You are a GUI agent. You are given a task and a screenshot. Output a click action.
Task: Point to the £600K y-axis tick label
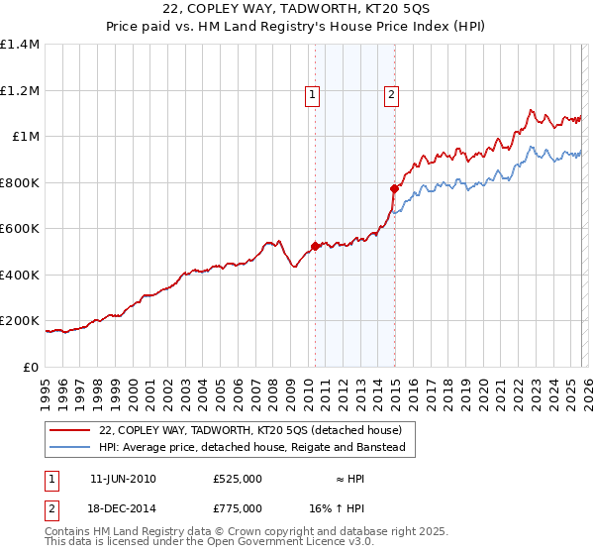pyautogui.click(x=20, y=229)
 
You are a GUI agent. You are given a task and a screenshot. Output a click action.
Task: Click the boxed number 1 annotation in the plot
pyautogui.click(x=312, y=95)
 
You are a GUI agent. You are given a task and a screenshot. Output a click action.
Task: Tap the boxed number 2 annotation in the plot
pyautogui.click(x=391, y=95)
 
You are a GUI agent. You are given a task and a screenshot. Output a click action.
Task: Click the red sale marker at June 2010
pyautogui.click(x=315, y=247)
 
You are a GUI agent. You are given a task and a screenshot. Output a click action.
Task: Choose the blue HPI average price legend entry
pyautogui.click(x=252, y=448)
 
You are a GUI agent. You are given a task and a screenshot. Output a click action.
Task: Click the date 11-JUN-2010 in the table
pyautogui.click(x=123, y=479)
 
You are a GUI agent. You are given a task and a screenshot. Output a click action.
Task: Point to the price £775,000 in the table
pyautogui.click(x=238, y=507)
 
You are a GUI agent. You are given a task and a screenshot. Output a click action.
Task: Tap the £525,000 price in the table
pyautogui.click(x=238, y=479)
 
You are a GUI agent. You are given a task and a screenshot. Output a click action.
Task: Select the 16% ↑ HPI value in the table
pyautogui.click(x=351, y=507)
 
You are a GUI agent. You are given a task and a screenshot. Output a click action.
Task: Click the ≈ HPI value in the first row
pyautogui.click(x=351, y=479)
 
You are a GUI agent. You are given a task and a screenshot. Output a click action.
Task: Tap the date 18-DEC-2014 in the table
pyautogui.click(x=123, y=507)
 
